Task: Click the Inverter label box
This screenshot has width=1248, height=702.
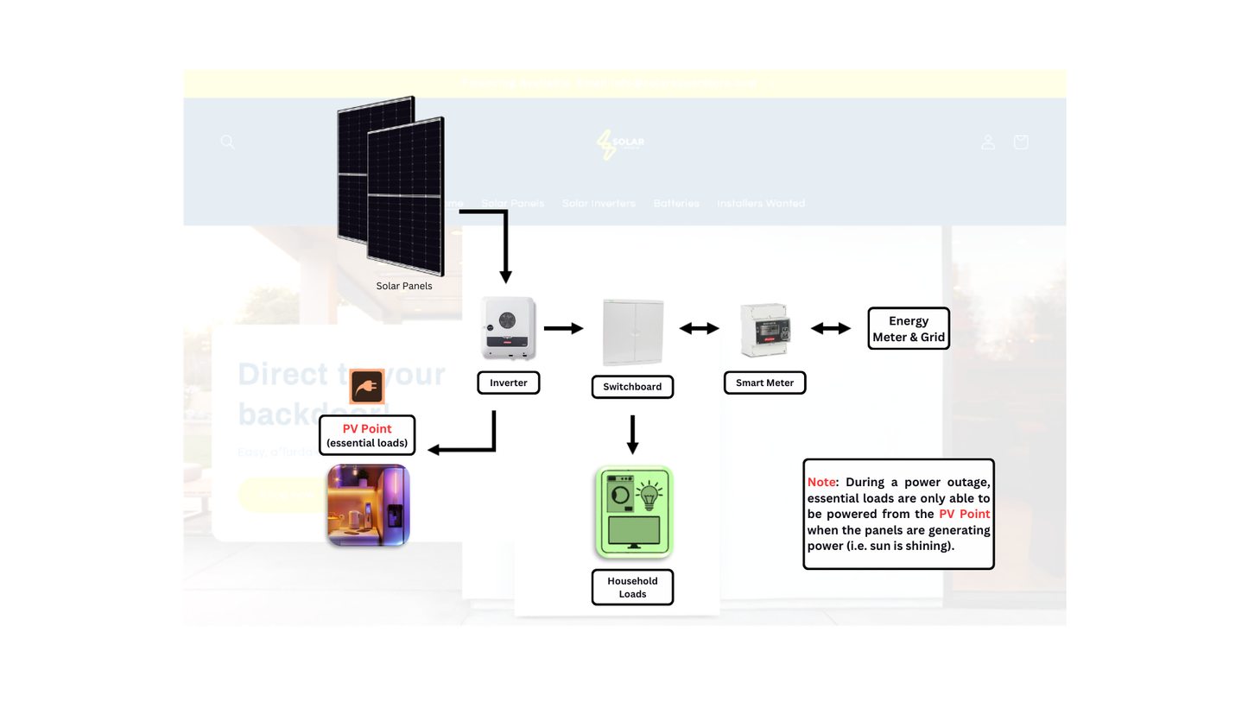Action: point(508,383)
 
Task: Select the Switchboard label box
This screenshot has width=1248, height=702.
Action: point(632,387)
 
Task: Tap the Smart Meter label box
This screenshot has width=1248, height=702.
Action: point(764,383)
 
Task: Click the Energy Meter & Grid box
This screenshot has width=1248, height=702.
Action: point(908,329)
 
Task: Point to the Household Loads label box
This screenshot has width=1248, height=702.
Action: point(632,587)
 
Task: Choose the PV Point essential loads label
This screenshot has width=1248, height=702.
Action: point(367,435)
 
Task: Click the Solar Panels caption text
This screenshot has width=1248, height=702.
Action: point(404,286)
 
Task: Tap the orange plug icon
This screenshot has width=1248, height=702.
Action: point(366,387)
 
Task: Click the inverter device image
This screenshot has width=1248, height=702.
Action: point(508,328)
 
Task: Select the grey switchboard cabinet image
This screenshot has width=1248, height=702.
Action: point(633,332)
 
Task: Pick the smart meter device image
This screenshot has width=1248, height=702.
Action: point(764,330)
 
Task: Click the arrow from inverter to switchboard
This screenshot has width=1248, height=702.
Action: point(564,328)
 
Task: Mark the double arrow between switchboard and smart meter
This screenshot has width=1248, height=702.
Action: point(699,328)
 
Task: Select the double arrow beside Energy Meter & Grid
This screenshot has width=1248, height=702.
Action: point(830,328)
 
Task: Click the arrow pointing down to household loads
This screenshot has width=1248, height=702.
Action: point(632,435)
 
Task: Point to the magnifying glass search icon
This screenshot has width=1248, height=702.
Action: point(227,142)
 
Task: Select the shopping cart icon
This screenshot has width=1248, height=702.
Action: point(1020,142)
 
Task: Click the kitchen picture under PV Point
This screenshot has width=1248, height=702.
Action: point(368,505)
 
